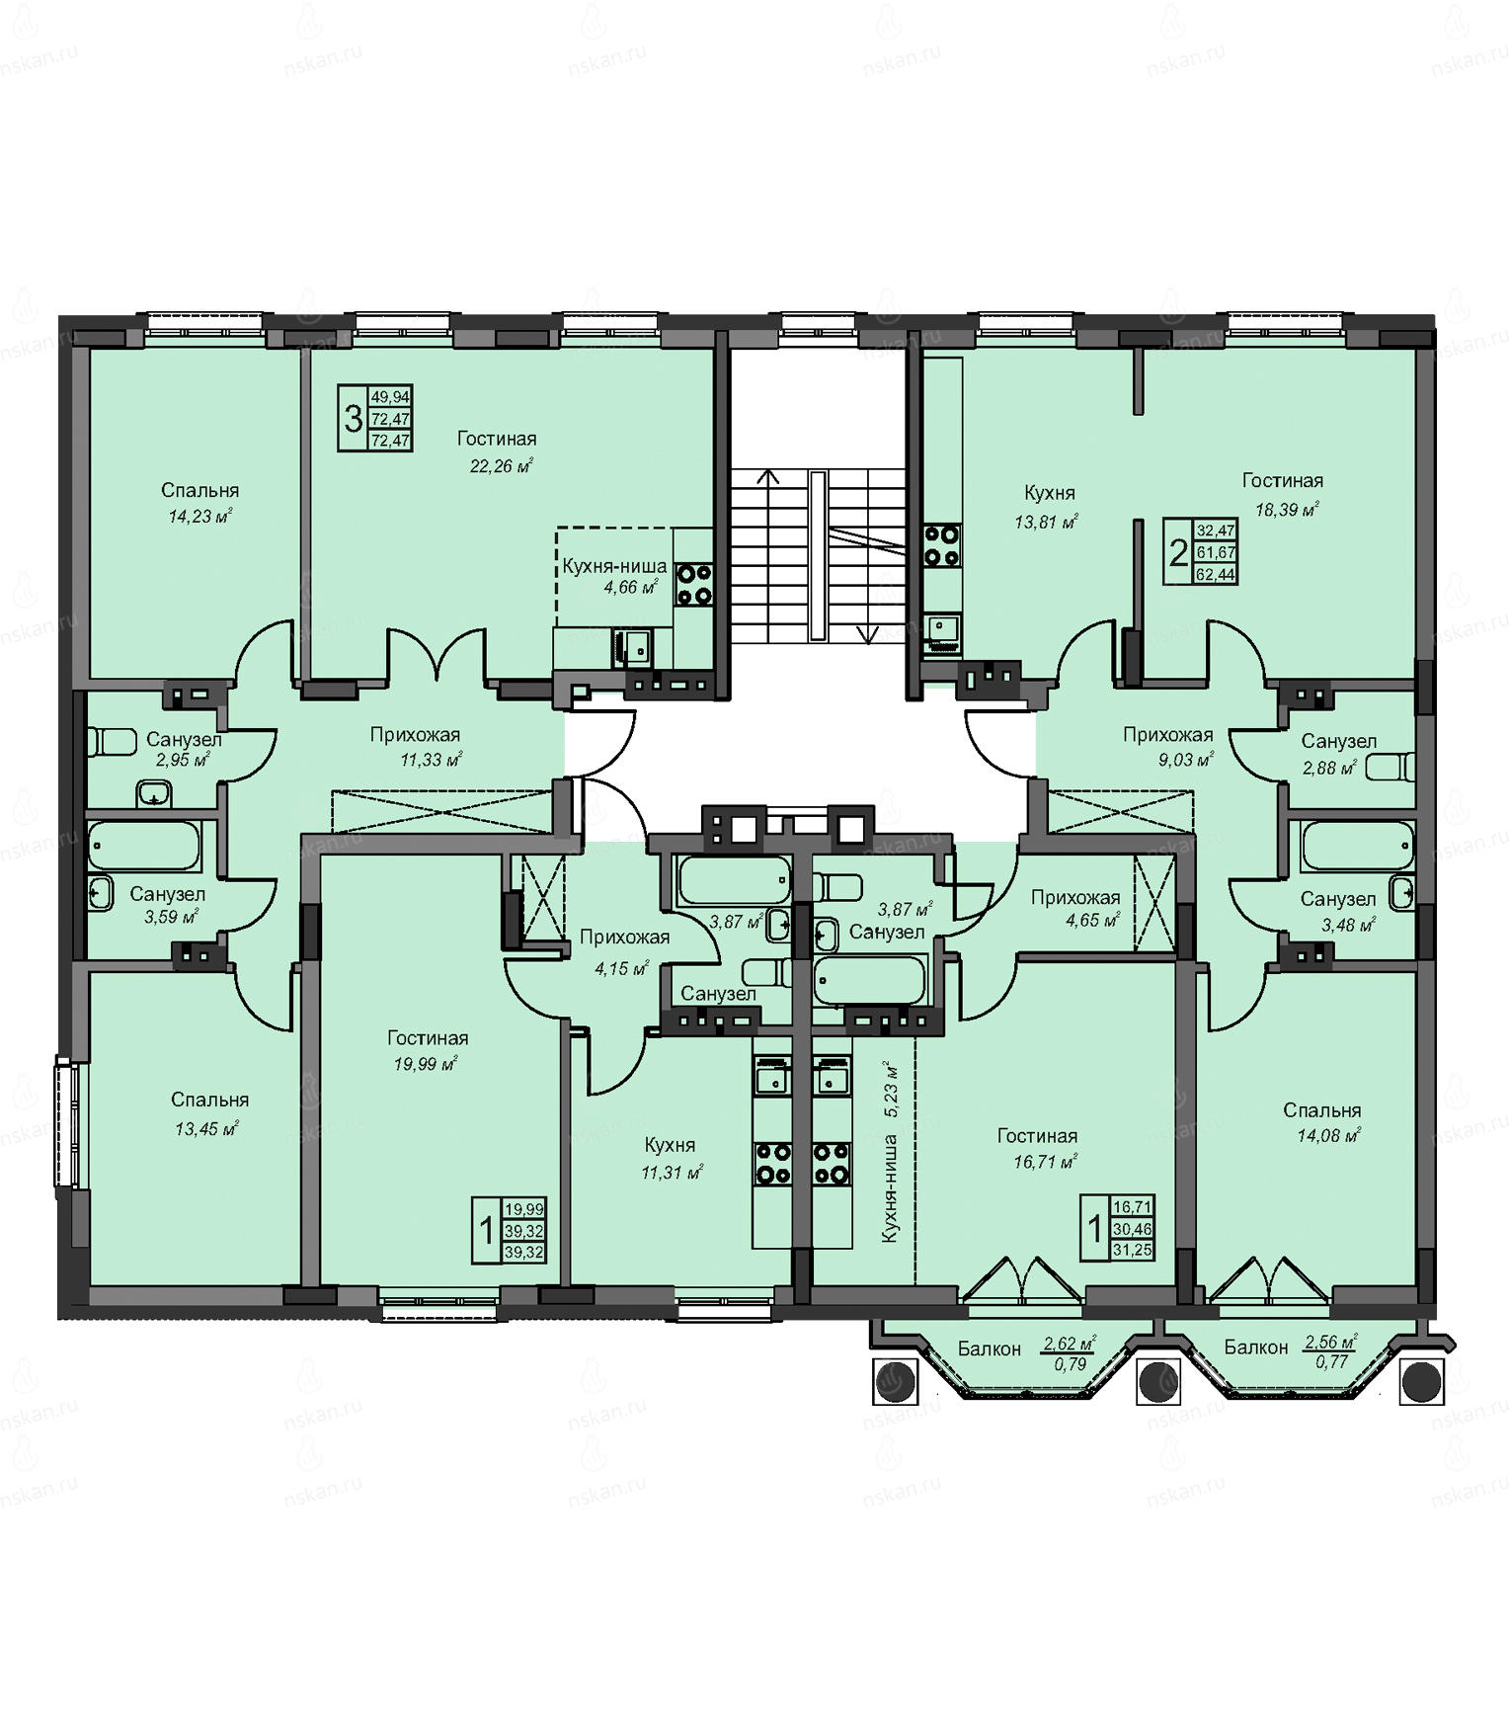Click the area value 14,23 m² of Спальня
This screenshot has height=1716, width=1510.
pos(200,516)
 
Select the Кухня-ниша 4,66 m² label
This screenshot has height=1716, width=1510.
pos(614,577)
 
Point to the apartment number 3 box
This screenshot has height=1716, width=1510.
pos(354,419)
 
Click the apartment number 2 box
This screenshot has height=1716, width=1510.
pos(1178,552)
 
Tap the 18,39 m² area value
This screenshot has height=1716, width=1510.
pos(1287,510)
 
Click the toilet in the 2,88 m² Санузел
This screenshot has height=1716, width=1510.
pos(1391,768)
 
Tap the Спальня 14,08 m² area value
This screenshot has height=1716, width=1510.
pos(1329,1136)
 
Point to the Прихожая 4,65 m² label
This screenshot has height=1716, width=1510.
pos(1075,908)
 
